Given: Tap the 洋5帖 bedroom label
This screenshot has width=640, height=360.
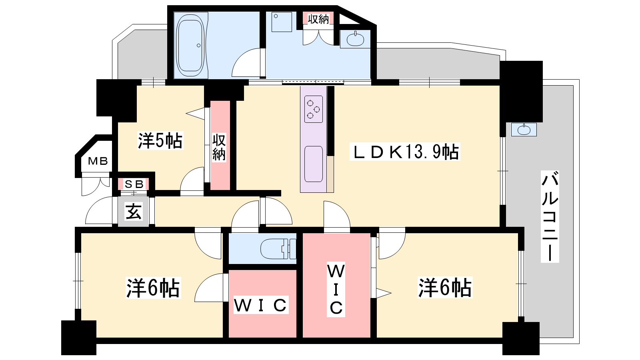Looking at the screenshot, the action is tap(160, 140).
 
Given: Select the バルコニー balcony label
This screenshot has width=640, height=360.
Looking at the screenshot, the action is tap(550, 216).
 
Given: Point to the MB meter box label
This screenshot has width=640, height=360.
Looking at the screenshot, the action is tap(98, 161).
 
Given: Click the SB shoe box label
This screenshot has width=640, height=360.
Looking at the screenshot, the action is tap(134, 184).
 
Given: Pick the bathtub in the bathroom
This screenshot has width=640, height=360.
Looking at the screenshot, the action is tap(190, 46).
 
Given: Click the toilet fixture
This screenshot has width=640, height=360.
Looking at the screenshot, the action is tap(278, 248).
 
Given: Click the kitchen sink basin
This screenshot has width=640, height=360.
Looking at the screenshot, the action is tap(314, 164).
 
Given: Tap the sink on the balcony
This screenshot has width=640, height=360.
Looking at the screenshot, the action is tap(524, 130).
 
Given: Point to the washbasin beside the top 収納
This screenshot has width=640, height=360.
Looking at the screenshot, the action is tap(355, 39).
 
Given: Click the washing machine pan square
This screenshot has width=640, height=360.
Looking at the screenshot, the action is tap(282, 22).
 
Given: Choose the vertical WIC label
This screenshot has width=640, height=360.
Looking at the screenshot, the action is tap(336, 290).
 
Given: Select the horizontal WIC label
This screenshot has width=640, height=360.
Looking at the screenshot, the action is tap(260, 305).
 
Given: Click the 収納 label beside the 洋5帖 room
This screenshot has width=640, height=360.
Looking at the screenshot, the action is tap(219, 148).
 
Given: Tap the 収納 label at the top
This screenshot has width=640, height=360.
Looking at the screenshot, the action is tap(318, 19).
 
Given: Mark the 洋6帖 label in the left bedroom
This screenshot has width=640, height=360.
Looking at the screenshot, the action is tap(153, 288).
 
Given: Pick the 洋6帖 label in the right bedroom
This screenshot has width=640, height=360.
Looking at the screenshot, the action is tap(445, 288).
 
